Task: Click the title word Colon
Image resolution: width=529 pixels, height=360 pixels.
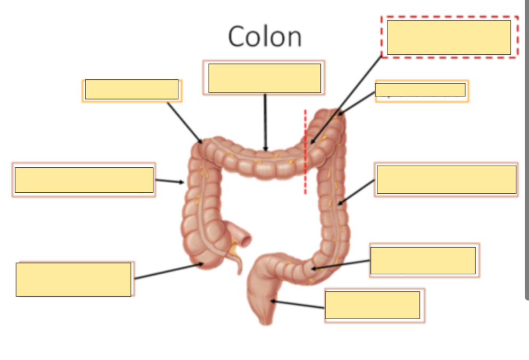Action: tap(264, 37)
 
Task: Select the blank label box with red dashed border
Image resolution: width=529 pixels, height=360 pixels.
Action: tap(449, 37)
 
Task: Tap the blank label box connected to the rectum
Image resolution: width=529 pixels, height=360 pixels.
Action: tap(373, 305)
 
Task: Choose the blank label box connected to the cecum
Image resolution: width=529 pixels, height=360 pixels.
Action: tap(73, 279)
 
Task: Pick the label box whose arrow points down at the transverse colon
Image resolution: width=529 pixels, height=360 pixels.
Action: tap(264, 78)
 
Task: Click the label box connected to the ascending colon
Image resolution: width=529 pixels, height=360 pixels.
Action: tap(84, 180)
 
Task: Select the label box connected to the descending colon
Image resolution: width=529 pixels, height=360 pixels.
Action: tap(446, 179)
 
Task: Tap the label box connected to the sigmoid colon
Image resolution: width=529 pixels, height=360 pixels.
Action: tap(423, 260)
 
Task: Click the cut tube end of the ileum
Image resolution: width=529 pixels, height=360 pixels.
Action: tap(245, 239)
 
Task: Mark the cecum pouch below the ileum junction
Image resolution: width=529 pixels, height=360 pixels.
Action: tap(205, 256)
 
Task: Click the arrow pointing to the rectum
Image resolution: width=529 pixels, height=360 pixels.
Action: tap(298, 305)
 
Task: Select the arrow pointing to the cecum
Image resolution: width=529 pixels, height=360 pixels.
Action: tap(168, 271)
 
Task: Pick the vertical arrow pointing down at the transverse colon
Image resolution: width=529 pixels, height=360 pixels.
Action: tap(265, 122)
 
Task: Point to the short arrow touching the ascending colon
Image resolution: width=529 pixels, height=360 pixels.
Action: tap(170, 182)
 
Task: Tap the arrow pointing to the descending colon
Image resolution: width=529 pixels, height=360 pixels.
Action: tap(357, 191)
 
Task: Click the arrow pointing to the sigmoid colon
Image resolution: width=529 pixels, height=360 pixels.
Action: tap(341, 265)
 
